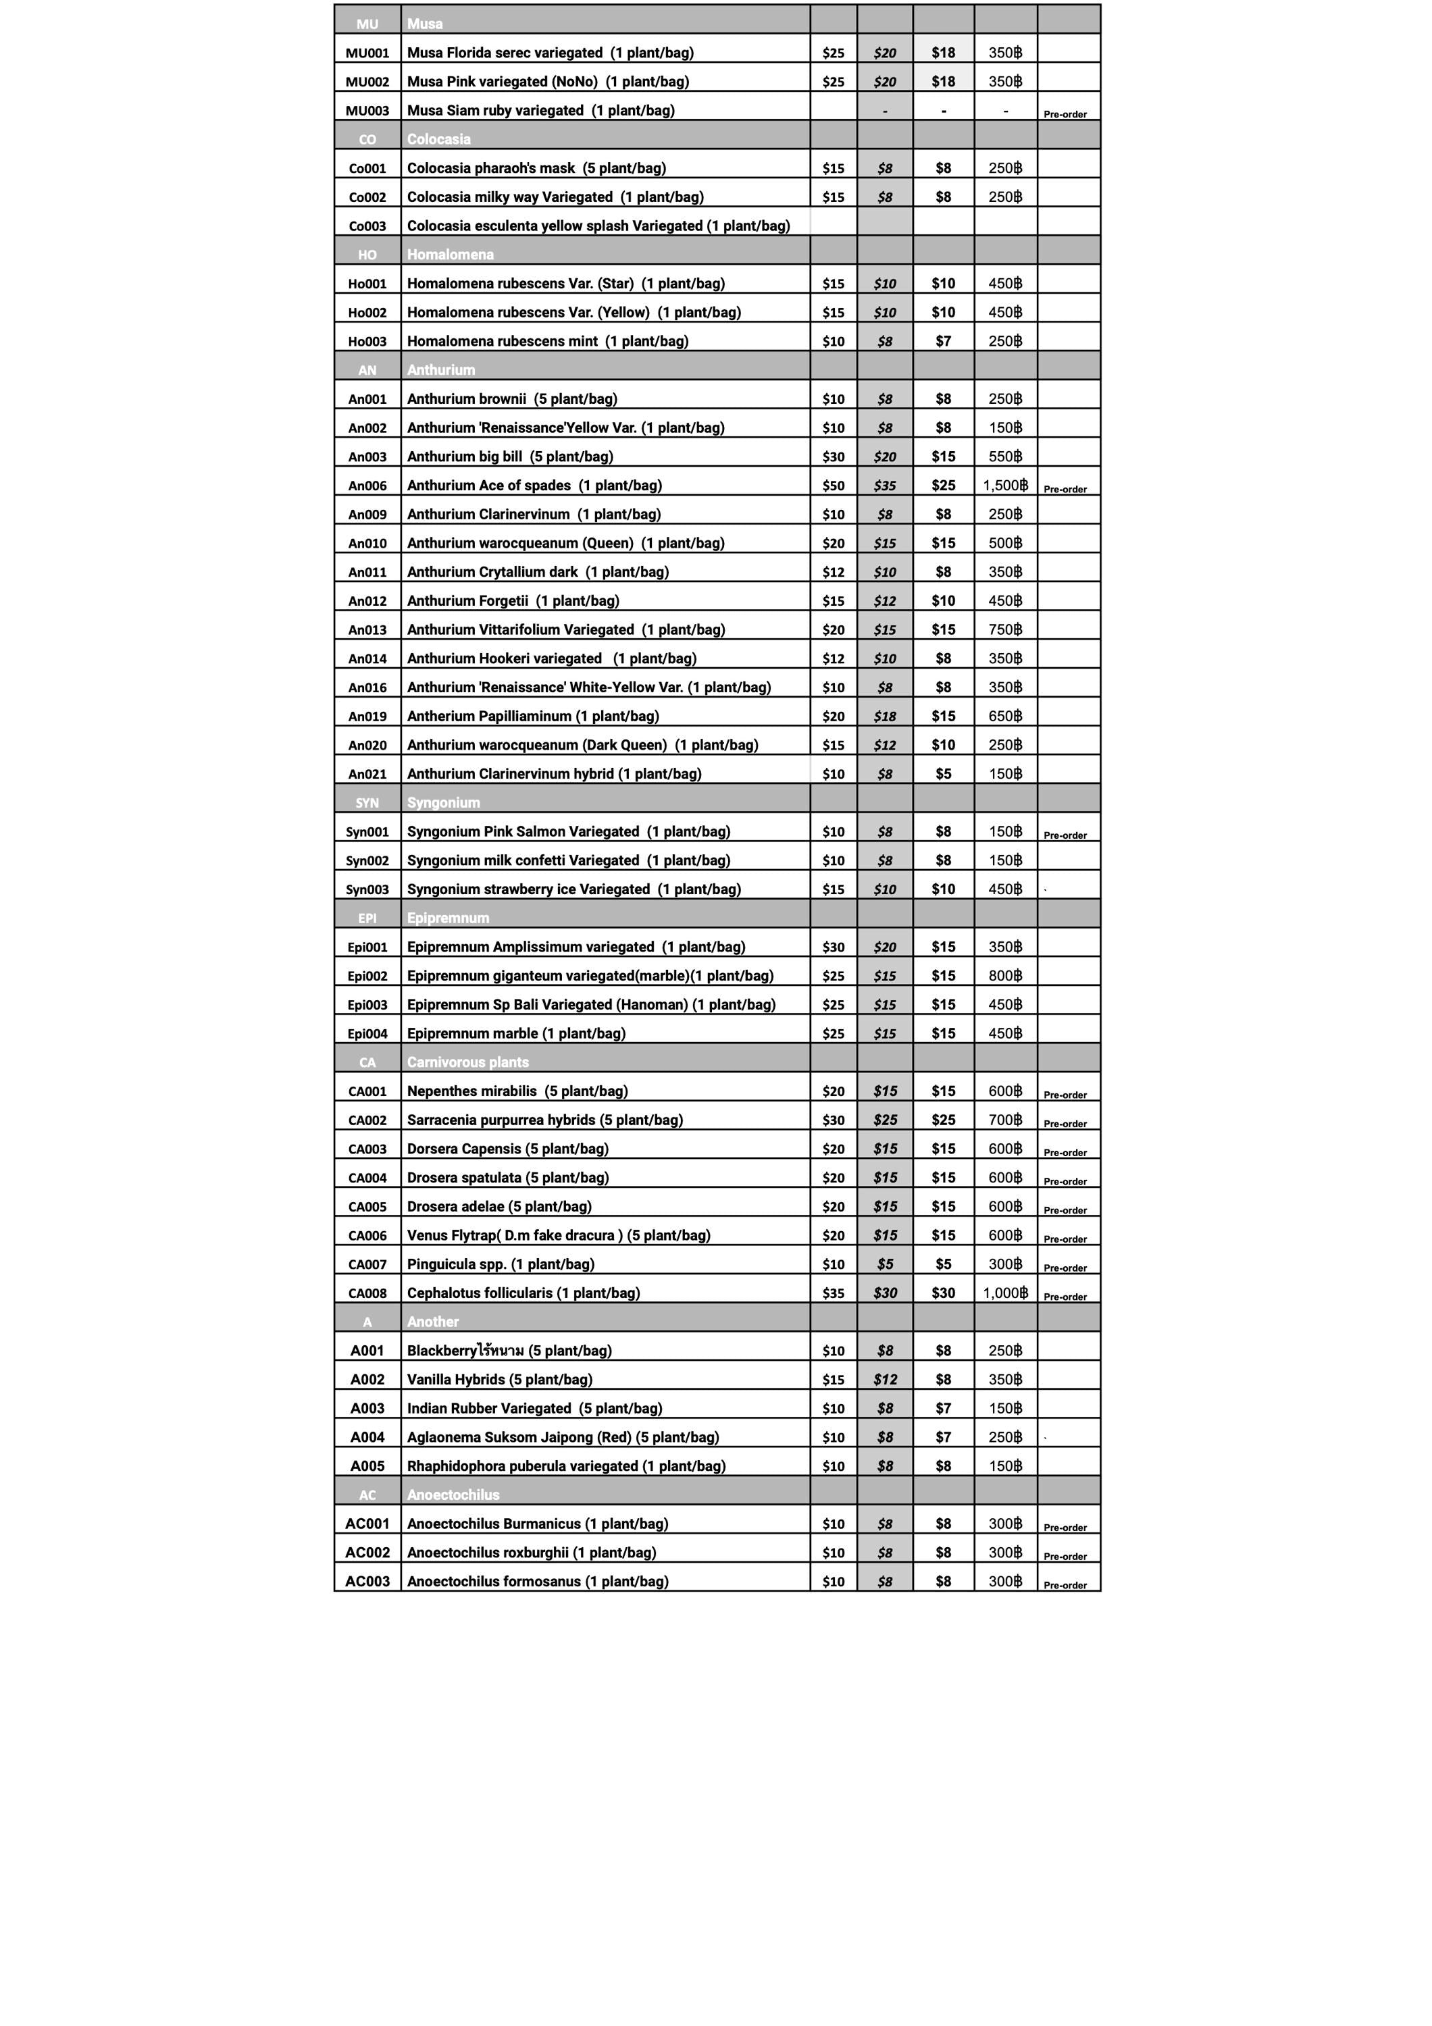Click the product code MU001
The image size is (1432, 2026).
(367, 53)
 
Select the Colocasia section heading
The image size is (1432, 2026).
(438, 139)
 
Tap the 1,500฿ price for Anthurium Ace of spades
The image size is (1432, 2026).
(1005, 486)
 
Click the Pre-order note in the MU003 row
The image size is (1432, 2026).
(1065, 115)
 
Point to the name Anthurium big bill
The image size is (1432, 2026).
(509, 457)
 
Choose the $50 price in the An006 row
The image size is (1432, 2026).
(833, 486)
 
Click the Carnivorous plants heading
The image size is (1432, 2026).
(467, 1062)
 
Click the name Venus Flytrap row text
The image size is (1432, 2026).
(558, 1235)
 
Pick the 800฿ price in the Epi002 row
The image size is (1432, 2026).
(1005, 976)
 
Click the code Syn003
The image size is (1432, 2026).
(367, 889)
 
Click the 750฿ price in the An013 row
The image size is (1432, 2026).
(1005, 629)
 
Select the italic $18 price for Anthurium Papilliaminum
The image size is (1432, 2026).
(885, 716)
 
